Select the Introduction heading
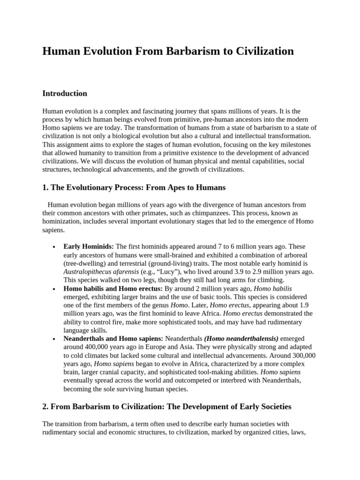coord(65,93)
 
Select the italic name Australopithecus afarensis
coord(101,272)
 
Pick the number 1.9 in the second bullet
coord(307,306)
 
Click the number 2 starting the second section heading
coord(45,406)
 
